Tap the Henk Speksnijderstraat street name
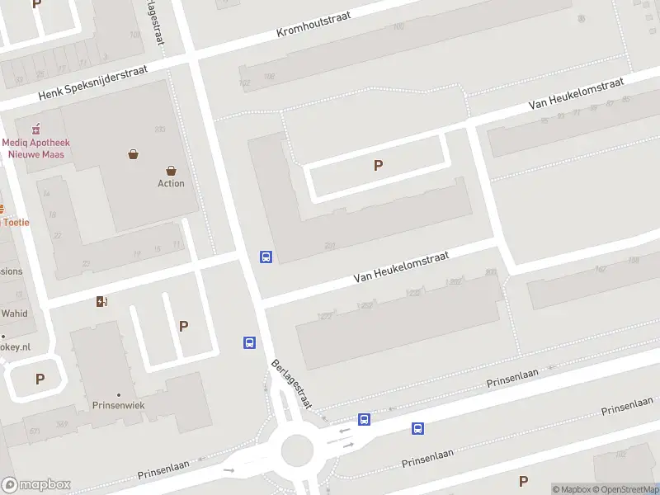click(x=92, y=84)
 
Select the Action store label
click(x=171, y=183)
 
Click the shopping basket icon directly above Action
click(x=171, y=169)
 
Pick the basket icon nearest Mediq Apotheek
click(x=133, y=153)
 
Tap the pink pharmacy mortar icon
click(x=35, y=130)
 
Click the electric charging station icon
click(x=101, y=301)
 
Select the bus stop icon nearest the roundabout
click(x=364, y=419)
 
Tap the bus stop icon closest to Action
click(x=266, y=257)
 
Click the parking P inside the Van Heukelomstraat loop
click(x=378, y=165)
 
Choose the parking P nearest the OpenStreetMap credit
click(x=523, y=480)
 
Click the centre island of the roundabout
click(x=297, y=450)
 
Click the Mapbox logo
click(x=36, y=484)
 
